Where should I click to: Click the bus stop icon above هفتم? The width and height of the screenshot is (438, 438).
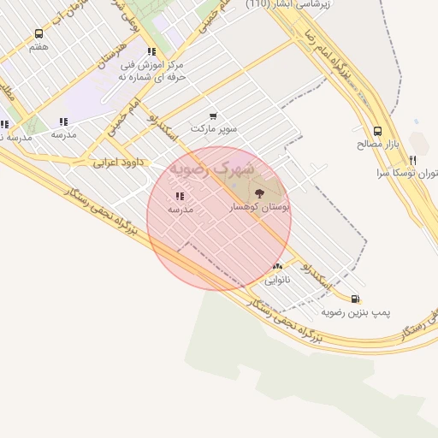pos(38,34)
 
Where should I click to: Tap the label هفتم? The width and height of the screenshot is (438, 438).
pos(38,47)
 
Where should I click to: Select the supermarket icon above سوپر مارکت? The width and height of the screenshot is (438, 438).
pos(213,115)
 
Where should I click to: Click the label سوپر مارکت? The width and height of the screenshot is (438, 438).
pos(213,128)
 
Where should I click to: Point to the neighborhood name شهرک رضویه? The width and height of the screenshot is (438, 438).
pos(211,169)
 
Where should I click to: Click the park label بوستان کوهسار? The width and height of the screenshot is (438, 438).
pos(260,207)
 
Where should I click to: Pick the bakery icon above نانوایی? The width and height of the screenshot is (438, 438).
pos(277,267)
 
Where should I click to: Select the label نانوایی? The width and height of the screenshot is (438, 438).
pos(277,280)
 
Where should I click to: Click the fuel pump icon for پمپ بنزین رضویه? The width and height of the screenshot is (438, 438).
pos(356,299)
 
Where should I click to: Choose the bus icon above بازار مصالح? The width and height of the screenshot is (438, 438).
pos(377,132)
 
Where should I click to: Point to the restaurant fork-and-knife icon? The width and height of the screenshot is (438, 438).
pos(413,160)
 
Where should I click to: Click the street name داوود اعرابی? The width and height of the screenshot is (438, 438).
pos(112,161)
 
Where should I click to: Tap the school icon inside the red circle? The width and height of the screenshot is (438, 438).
pos(180,196)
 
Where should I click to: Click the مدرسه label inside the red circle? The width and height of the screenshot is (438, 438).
pos(180,209)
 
